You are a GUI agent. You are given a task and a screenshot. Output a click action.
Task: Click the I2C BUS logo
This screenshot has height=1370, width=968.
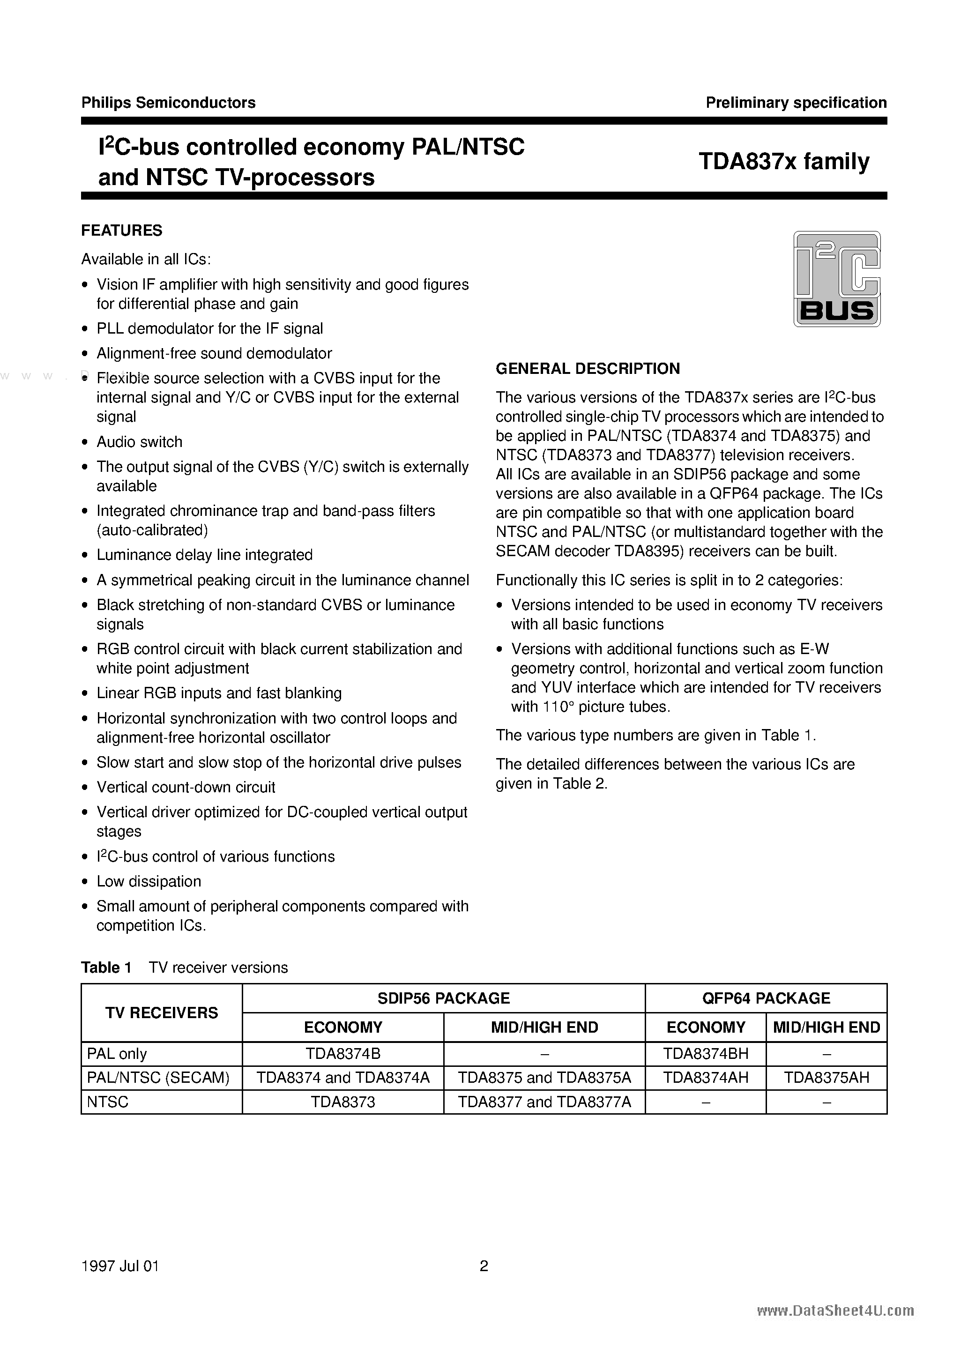(x=836, y=279)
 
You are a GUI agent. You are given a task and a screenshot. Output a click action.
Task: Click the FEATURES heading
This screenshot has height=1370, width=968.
(x=122, y=231)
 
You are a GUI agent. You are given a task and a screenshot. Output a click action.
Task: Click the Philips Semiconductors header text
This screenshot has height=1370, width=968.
(x=168, y=103)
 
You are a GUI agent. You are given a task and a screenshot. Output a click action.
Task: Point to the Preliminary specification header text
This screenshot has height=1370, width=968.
(x=796, y=103)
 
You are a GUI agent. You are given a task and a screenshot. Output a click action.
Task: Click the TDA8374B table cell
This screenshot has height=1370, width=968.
(x=343, y=1054)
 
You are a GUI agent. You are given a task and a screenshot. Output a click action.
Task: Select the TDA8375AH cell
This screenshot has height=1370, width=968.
(x=826, y=1078)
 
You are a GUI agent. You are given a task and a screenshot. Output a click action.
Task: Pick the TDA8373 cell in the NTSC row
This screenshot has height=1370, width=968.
(x=343, y=1102)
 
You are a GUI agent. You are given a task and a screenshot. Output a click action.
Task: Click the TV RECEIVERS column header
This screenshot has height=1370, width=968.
(x=162, y=1013)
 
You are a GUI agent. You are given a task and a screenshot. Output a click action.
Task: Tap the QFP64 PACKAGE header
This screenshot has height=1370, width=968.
(x=766, y=998)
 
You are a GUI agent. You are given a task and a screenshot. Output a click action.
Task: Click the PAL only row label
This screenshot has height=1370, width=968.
(x=117, y=1054)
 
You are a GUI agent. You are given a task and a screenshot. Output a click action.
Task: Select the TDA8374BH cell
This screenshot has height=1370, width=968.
(x=706, y=1054)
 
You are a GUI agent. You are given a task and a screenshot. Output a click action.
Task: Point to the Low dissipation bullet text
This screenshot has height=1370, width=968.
(x=149, y=881)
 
